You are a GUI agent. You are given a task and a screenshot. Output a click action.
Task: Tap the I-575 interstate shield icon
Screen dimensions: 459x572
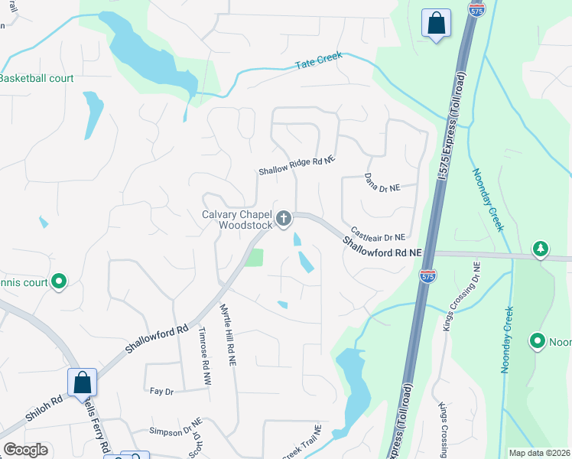click(428, 276)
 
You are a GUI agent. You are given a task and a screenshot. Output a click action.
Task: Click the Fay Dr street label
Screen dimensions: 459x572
click(162, 391)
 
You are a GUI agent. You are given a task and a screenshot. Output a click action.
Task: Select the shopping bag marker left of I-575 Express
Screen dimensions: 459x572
click(436, 23)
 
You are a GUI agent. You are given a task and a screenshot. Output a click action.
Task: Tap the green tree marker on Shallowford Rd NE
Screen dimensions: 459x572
click(541, 249)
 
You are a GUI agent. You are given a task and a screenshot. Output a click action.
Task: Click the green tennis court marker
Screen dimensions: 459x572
click(59, 282)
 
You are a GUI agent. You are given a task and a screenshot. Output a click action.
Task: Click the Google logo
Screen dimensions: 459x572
click(25, 450)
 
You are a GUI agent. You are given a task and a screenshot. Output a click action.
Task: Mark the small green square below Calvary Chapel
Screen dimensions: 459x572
click(253, 257)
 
